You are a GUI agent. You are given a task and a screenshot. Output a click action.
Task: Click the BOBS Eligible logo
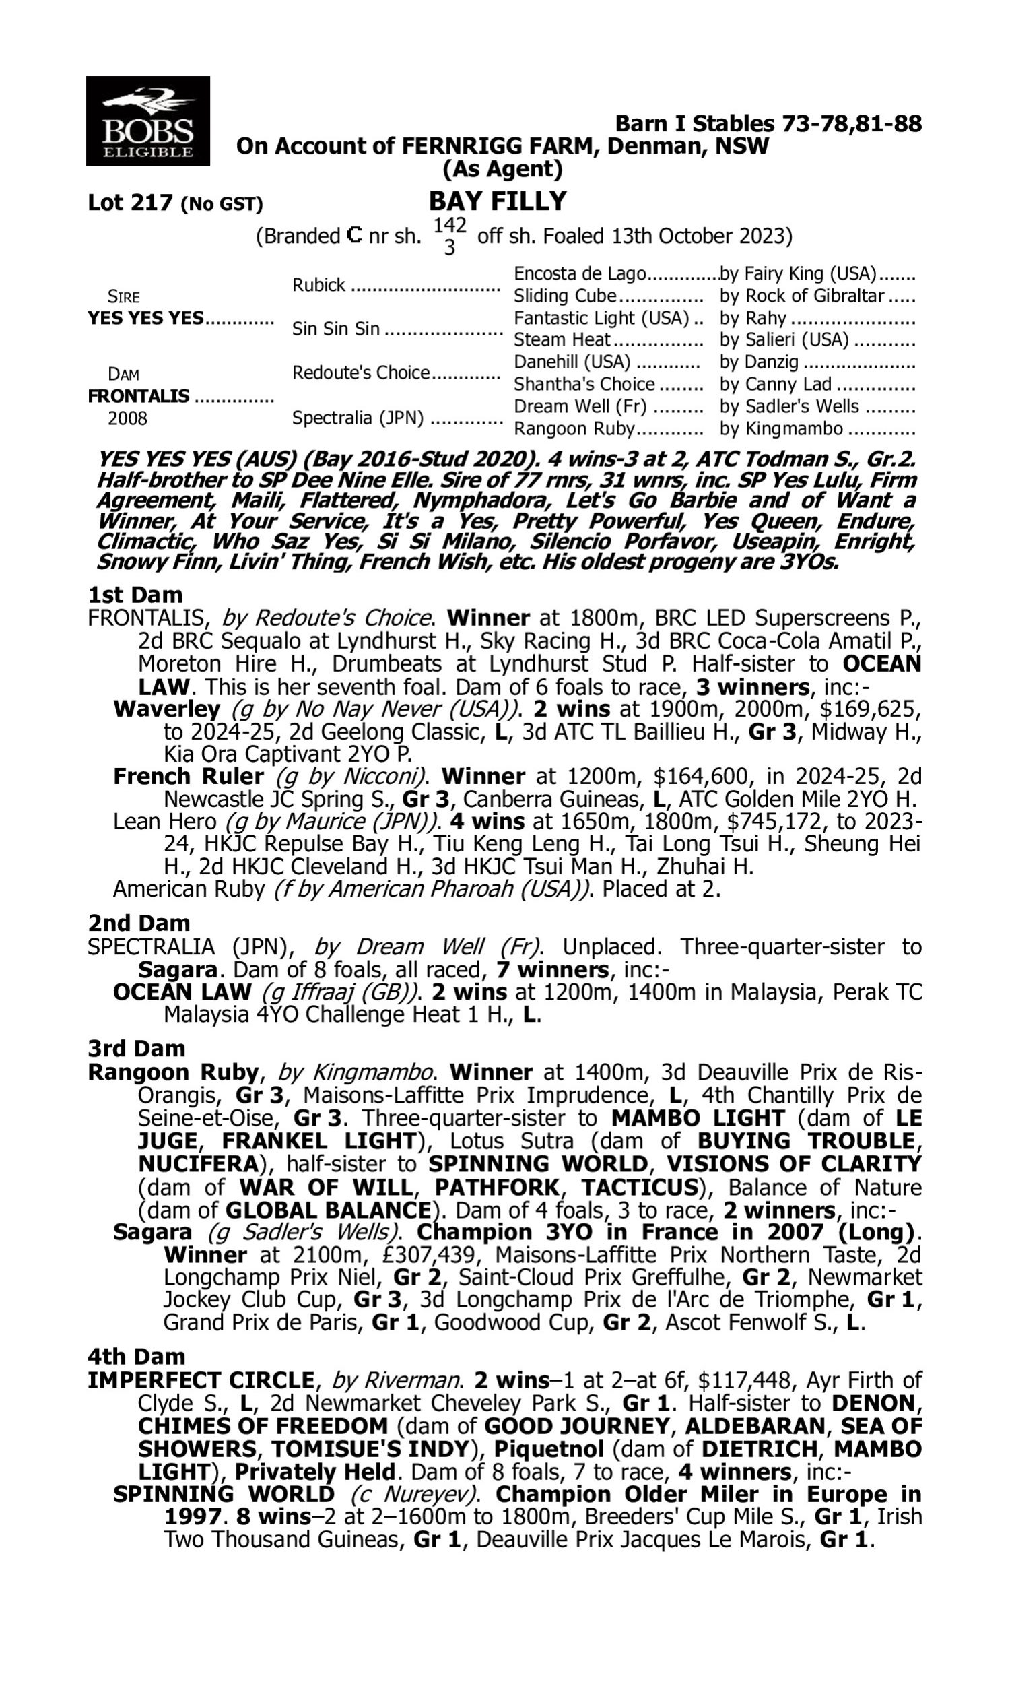147,121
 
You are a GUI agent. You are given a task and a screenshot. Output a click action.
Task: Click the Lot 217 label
131,203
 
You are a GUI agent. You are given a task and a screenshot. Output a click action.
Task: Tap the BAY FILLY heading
498,201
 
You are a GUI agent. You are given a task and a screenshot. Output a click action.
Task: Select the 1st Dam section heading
135,595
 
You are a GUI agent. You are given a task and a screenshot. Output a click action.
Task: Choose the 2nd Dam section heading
139,924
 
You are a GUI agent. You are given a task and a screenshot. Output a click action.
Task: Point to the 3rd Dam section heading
136,1048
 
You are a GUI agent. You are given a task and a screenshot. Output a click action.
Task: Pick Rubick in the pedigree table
318,285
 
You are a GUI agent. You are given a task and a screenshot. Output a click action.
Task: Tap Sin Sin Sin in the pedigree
335,329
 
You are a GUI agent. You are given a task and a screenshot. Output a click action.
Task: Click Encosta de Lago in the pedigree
579,273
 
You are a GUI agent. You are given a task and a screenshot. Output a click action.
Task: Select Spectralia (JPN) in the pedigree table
358,418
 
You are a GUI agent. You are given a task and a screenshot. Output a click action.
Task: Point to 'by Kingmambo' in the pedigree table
781,429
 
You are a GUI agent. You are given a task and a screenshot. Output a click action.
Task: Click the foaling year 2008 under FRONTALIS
127,418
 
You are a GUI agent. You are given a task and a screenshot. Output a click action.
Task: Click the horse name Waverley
167,709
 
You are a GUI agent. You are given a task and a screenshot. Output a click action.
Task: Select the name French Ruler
189,777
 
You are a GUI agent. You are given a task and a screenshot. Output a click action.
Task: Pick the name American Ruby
189,889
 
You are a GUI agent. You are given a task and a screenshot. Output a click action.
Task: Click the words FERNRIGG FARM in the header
500,146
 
